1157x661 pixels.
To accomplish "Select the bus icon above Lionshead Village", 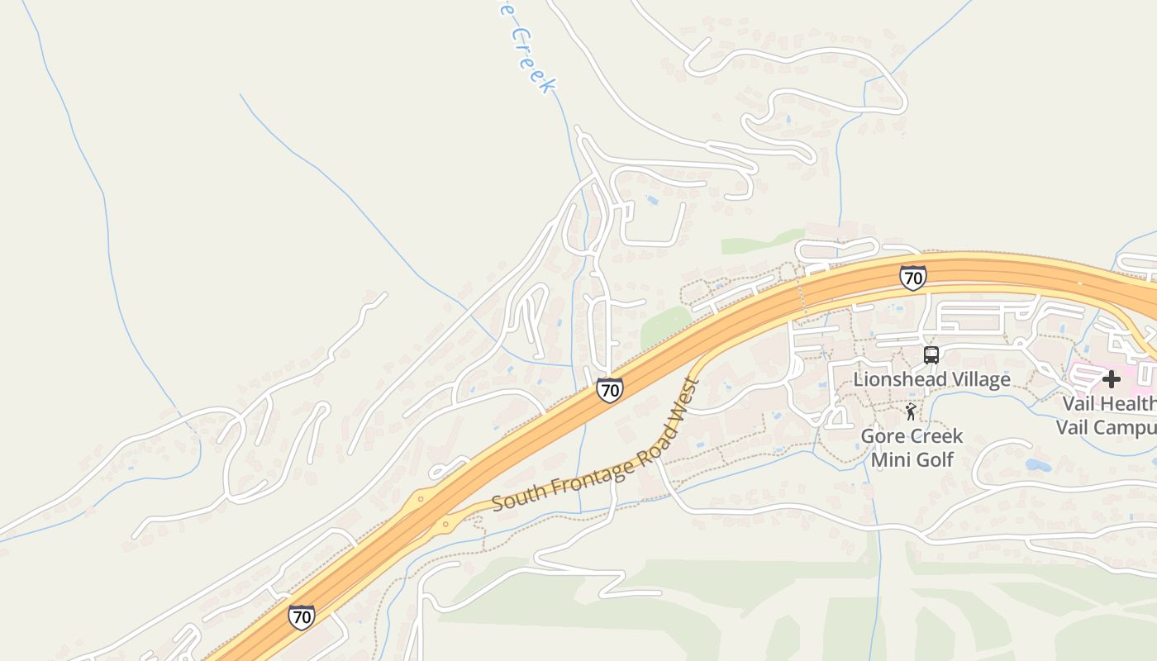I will click(931, 355).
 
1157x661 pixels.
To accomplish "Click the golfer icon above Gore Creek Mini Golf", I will click(911, 411).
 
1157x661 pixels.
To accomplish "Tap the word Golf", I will click(936, 459).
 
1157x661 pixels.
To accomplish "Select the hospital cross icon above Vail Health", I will click(1112, 379).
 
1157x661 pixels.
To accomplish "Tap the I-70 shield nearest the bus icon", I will click(912, 278).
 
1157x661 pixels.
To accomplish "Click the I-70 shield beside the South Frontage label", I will click(609, 390).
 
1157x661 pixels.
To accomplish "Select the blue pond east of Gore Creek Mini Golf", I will click(1038, 464).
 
